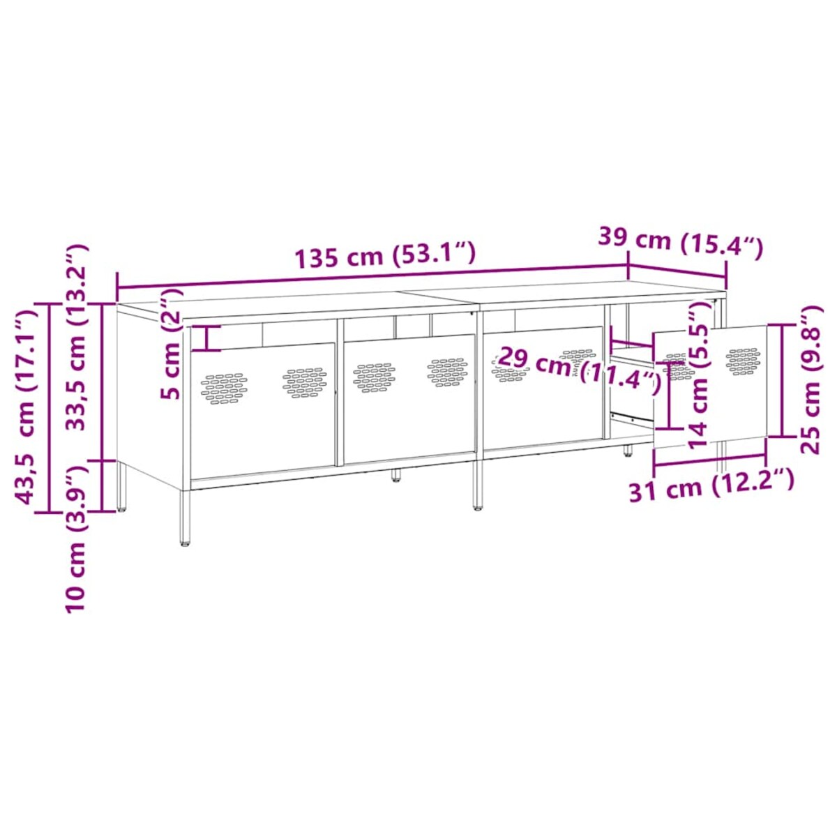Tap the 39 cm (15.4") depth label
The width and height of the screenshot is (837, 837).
tap(681, 240)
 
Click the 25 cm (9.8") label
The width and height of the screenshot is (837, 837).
tap(811, 380)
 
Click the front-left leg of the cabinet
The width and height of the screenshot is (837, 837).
tap(185, 516)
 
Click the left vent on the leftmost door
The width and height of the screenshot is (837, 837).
tap(224, 388)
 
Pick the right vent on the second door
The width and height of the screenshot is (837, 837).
tap(447, 372)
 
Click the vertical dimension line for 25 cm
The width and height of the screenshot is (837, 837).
tap(783, 380)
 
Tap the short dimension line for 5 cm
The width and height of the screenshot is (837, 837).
tap(207, 338)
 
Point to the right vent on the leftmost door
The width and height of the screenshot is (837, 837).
tap(305, 382)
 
